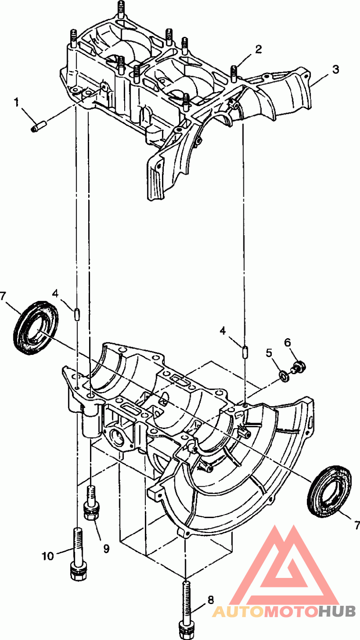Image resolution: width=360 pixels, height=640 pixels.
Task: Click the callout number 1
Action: tap(17, 103)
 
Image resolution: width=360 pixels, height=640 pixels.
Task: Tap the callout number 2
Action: tap(258, 49)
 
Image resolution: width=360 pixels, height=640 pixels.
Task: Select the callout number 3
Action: tap(335, 69)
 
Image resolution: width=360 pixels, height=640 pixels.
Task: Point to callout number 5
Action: tap(269, 353)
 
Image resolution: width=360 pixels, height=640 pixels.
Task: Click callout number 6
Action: tap(288, 342)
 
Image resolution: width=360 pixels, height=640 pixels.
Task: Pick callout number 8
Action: tap(210, 600)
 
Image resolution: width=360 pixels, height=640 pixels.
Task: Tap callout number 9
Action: tap(106, 549)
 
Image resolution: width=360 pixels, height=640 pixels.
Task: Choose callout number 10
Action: tap(48, 556)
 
